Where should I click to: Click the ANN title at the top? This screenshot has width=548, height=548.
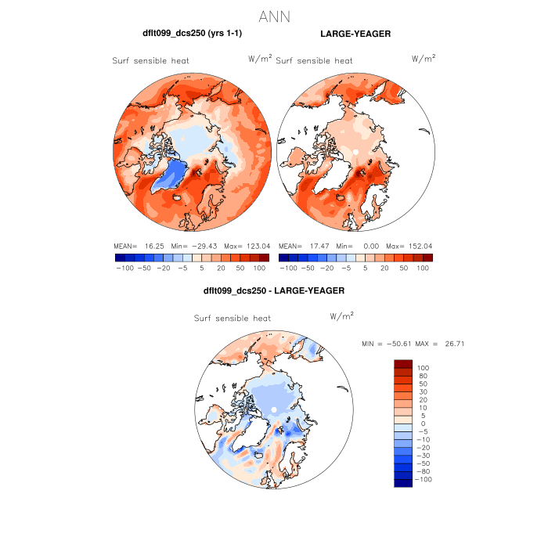click(274, 16)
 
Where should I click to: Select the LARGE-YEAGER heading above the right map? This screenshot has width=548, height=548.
click(355, 34)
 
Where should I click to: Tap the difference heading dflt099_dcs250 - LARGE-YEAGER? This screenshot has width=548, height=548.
click(274, 290)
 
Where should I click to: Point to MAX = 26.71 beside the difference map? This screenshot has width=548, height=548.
click(444, 344)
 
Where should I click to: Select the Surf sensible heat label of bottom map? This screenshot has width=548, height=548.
click(233, 319)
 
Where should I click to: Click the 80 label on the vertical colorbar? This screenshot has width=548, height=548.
click(423, 376)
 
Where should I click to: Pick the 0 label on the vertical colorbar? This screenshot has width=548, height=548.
click(423, 423)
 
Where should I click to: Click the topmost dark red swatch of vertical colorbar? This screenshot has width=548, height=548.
click(403, 363)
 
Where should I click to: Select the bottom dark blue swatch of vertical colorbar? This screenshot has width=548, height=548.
click(403, 483)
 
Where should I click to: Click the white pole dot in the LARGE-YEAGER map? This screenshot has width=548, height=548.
click(355, 150)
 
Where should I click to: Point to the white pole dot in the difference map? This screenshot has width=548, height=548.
click(274, 409)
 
